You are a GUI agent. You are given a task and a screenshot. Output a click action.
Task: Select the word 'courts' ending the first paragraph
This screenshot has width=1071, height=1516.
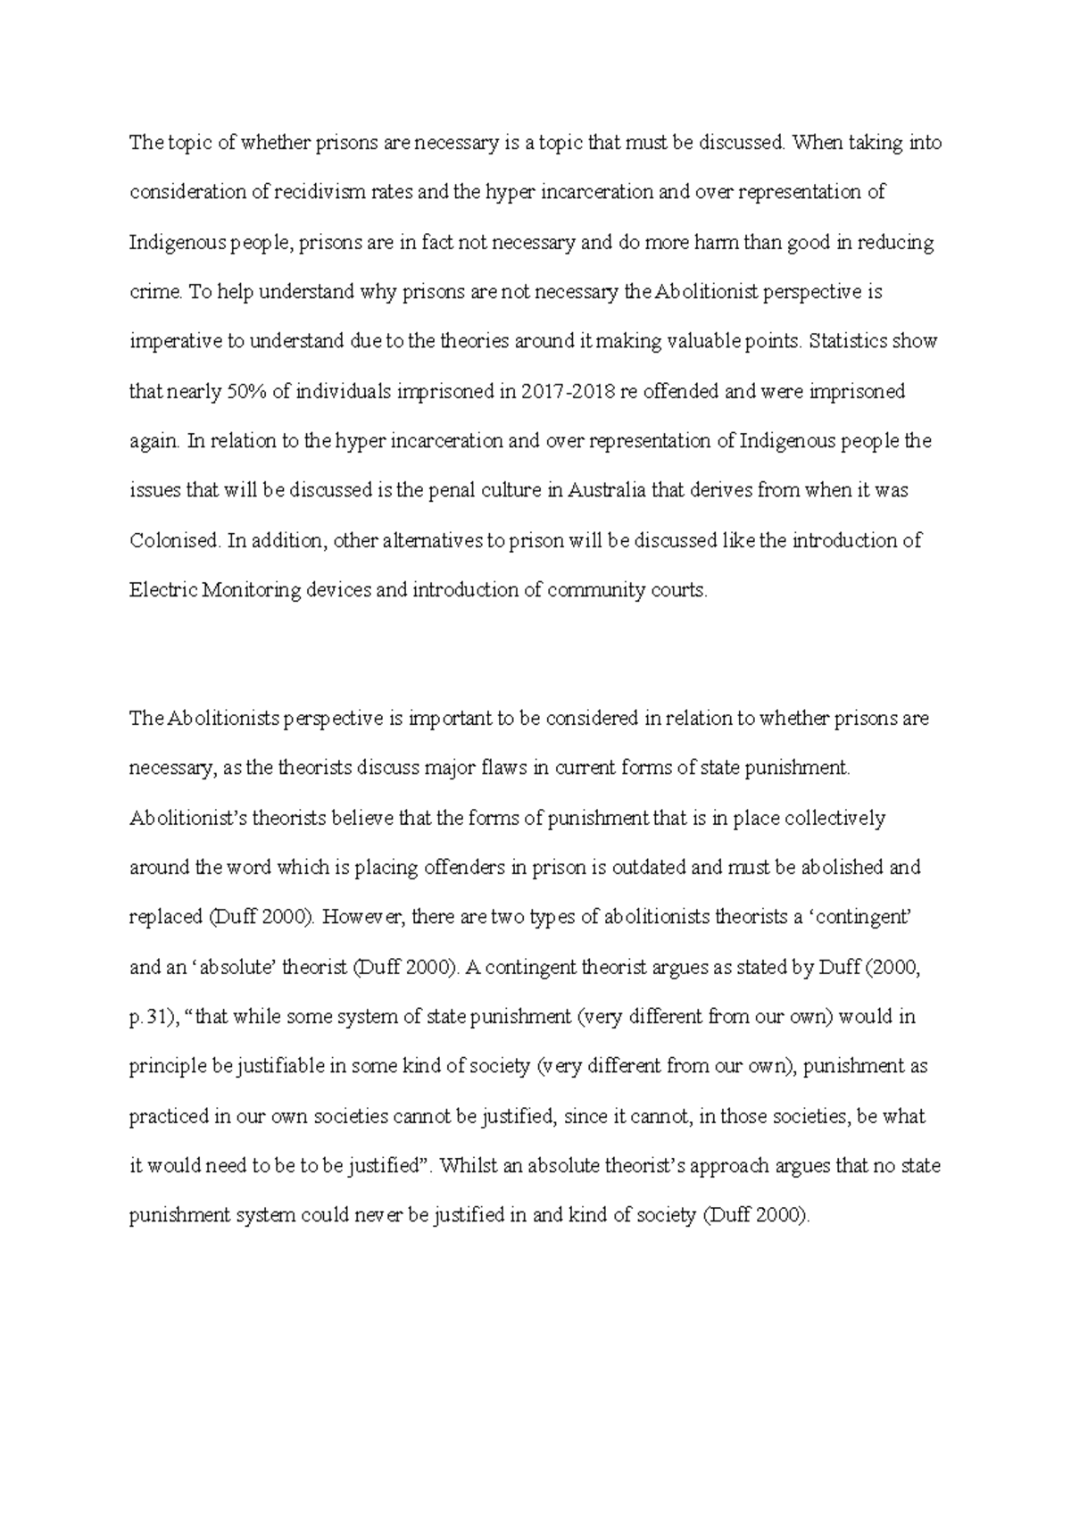[680, 591]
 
